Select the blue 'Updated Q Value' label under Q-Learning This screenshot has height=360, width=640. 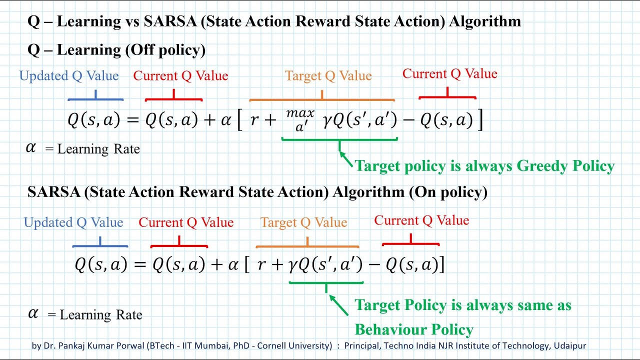tap(69, 76)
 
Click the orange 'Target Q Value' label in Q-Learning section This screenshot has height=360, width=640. tap(328, 76)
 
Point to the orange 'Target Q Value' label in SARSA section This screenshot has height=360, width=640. tap(303, 223)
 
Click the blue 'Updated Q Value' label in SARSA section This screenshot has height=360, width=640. tap(73, 223)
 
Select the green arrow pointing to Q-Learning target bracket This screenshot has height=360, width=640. tap(346, 159)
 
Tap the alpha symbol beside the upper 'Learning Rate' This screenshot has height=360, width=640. tap(31, 148)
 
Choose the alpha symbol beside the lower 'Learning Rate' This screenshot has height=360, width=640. tap(33, 313)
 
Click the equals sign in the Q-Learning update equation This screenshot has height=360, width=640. tap(131, 120)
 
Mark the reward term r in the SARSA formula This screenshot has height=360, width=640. tap(261, 265)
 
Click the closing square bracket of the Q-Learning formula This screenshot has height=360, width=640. tap(480, 120)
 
